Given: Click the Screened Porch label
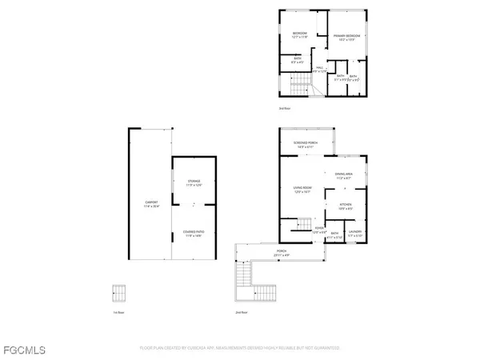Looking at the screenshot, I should tap(307, 144).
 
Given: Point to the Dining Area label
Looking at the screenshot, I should tap(344, 177).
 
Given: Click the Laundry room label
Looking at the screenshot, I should tap(355, 233).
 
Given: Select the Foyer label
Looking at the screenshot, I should tap(318, 230).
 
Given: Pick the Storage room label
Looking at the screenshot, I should tap(193, 183).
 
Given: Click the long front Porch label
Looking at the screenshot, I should tap(281, 253).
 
